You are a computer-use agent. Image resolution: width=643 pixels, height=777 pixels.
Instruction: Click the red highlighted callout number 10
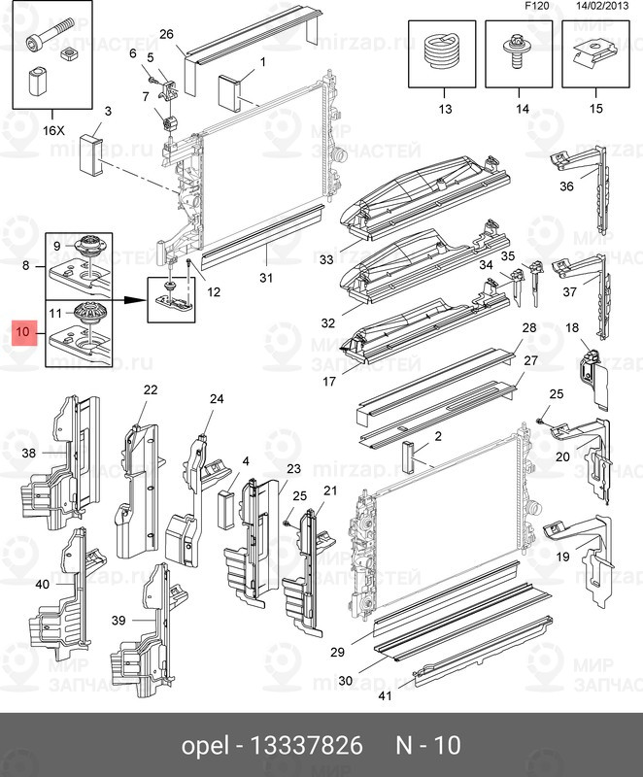pos(24,334)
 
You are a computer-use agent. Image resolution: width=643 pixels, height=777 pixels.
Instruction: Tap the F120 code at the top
pos(537,7)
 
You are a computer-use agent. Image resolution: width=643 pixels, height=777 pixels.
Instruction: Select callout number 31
pos(266,277)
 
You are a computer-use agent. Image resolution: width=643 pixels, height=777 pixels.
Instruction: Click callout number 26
pos(166,34)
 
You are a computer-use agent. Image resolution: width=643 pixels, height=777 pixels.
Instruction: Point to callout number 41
pos(385,696)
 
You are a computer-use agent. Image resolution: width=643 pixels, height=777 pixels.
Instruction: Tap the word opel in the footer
pos(204,746)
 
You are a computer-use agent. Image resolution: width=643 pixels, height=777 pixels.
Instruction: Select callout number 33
pos(326,260)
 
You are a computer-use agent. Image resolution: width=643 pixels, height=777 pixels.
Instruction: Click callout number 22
pos(151,389)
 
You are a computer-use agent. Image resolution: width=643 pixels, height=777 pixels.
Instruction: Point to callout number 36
pos(566,187)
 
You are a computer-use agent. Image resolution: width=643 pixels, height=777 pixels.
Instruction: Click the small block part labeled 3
pos(93,151)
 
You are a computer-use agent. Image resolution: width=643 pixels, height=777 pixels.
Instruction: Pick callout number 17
pos(328,382)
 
